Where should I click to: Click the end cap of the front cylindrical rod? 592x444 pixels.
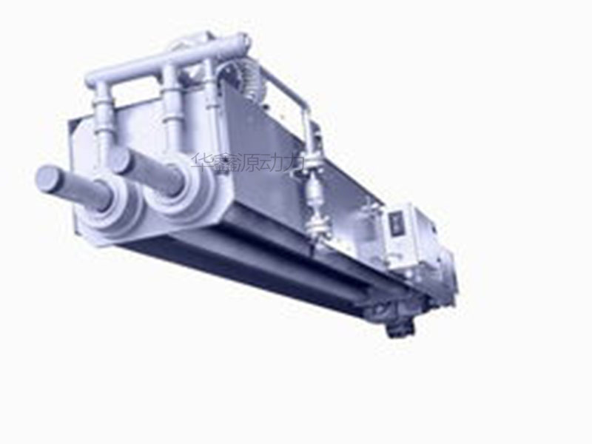[x=48, y=177]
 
